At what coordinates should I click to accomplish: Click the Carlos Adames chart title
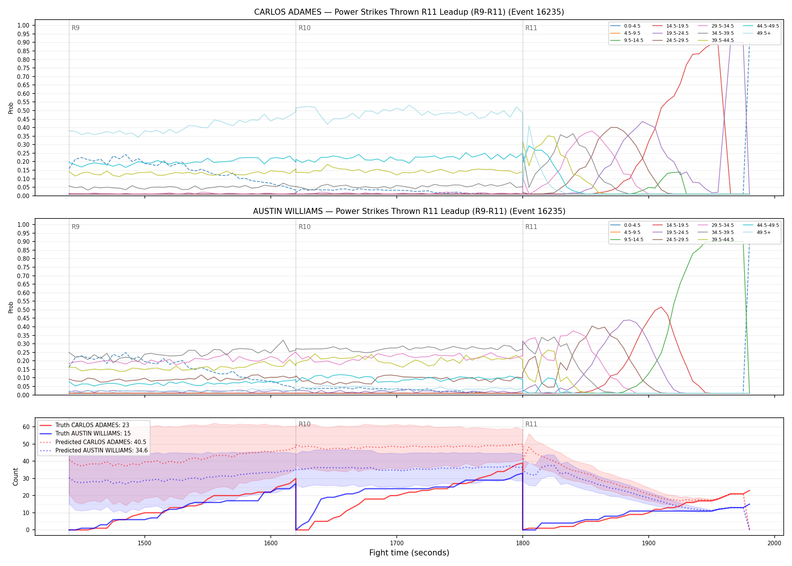point(409,12)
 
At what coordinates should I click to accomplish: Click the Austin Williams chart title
point(409,211)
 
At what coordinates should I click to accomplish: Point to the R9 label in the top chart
point(75,28)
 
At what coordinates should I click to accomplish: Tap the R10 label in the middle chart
point(304,227)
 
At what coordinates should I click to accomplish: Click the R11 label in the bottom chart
point(531,424)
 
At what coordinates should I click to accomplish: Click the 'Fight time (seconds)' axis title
point(409,553)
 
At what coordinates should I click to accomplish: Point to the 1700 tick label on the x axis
point(396,543)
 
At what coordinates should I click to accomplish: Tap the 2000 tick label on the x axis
point(774,543)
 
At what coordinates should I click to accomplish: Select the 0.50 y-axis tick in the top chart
point(23,111)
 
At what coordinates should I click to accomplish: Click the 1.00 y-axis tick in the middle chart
point(23,225)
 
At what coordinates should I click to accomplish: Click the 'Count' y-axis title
point(15,477)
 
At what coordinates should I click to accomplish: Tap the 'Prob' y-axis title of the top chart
point(11,108)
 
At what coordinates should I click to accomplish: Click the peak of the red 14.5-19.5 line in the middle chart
point(661,307)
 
